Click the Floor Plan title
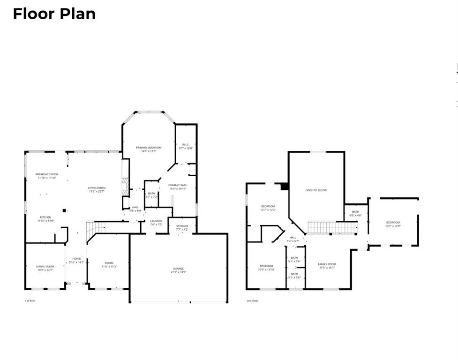[x=54, y=14]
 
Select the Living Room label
[x=97, y=189]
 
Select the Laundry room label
[x=156, y=222]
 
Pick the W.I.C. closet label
[x=186, y=146]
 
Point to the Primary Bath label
[x=178, y=187]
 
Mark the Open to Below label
[x=316, y=190]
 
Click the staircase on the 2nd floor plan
[x=332, y=228]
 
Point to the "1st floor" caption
[x=30, y=301]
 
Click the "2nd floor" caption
[x=252, y=301]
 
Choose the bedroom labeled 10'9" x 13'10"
[x=266, y=267]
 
